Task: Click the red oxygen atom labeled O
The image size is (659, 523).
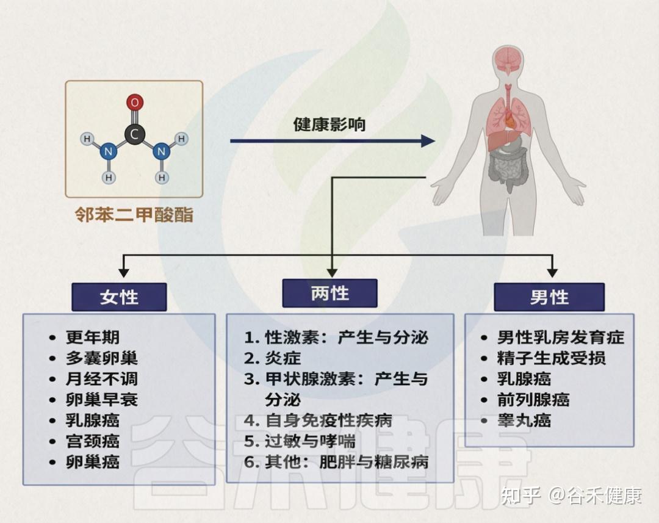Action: [135, 103]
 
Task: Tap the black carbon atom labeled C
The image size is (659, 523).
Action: [135, 134]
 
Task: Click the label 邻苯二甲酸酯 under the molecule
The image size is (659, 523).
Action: [134, 215]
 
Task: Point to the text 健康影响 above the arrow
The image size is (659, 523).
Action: [329, 125]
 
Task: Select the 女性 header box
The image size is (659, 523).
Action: [119, 297]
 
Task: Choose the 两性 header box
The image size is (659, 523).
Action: [329, 294]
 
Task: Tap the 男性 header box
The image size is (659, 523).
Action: [549, 297]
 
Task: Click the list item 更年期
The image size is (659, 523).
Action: [93, 337]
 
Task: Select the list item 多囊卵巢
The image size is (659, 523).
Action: [101, 358]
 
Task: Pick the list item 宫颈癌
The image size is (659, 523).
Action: [93, 441]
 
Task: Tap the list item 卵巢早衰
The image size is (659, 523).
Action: [101, 400]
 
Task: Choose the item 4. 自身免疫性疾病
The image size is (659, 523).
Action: [318, 420]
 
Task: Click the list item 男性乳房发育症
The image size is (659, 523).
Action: [560, 337]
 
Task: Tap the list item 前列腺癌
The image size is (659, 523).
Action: [533, 400]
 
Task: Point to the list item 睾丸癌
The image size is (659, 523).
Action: [524, 420]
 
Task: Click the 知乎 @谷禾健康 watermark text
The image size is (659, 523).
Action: [571, 495]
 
